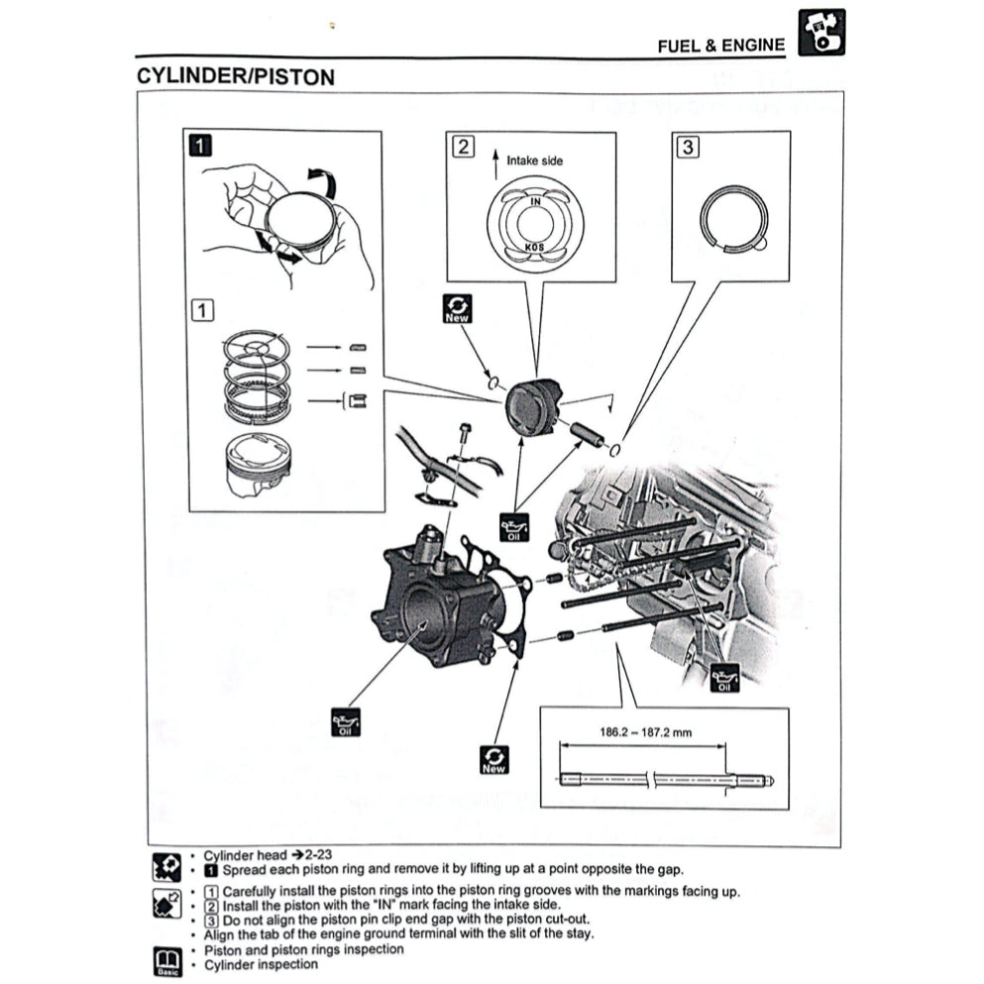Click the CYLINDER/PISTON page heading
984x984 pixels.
click(x=235, y=76)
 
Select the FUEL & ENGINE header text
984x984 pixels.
click(x=720, y=46)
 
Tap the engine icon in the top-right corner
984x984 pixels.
click(x=820, y=33)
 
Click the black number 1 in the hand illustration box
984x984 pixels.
click(x=199, y=147)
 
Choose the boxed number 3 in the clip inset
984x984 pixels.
click(x=688, y=147)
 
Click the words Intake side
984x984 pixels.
click(x=535, y=160)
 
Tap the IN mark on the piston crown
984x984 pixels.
click(x=536, y=201)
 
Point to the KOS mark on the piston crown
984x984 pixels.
click(x=536, y=244)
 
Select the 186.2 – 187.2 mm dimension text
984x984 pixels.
click(x=645, y=733)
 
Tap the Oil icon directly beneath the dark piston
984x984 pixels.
click(x=513, y=527)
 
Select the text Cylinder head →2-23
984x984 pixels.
click(x=259, y=855)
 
